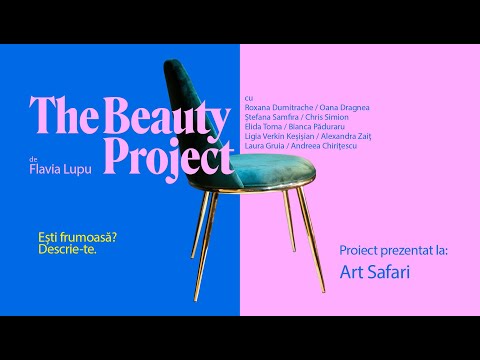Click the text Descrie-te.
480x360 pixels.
tap(65, 249)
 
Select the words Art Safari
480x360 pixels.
tap(375, 271)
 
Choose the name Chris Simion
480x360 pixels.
tap(329, 117)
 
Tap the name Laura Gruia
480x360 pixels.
tap(265, 147)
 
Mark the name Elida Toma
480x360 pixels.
tap(263, 127)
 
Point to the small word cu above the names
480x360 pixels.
tap(248, 97)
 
